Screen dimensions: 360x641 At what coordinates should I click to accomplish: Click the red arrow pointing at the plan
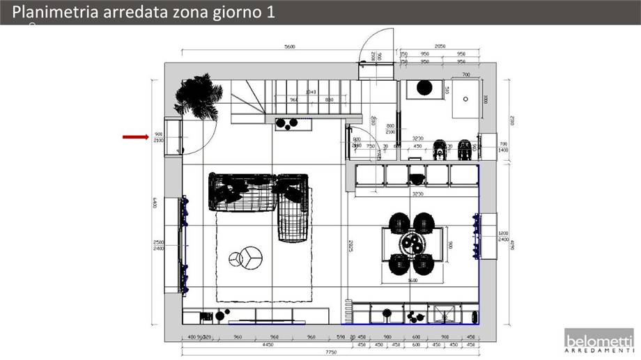135,136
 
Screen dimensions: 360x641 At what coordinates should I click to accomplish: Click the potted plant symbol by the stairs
198,97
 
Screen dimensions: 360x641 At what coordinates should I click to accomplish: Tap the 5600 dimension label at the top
289,47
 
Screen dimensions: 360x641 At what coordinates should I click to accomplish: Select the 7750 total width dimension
330,352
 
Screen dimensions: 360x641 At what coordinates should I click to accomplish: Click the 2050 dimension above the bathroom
440,47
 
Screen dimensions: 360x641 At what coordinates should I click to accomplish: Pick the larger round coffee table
251,256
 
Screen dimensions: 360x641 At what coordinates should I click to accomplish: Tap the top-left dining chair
399,223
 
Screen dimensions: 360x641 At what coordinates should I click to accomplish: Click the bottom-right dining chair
424,265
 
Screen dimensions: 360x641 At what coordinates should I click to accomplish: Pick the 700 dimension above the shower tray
465,74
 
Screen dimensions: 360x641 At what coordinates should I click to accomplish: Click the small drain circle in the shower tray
465,98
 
